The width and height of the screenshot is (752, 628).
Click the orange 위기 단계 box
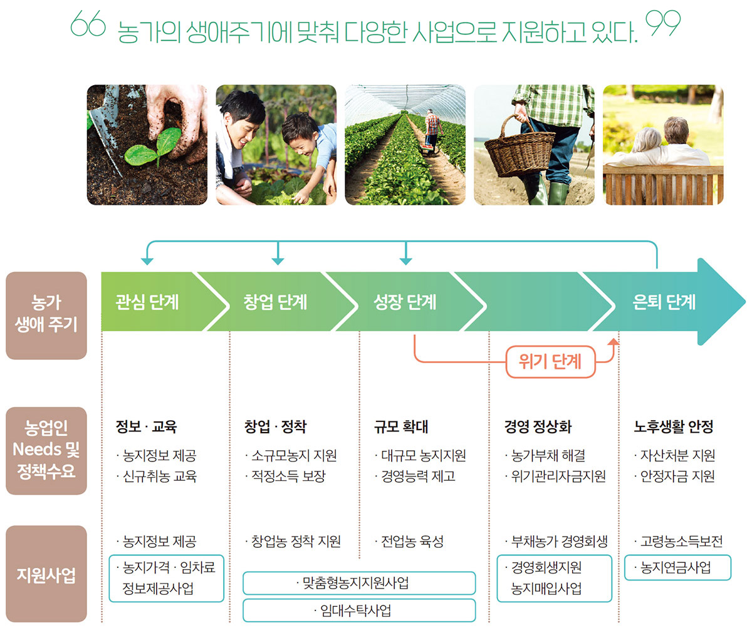(x=550, y=362)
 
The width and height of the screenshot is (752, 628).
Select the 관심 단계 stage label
(x=147, y=302)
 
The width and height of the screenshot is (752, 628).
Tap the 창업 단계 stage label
(x=275, y=302)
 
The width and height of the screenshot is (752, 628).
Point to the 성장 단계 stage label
(x=405, y=302)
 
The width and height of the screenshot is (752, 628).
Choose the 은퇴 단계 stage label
(x=664, y=302)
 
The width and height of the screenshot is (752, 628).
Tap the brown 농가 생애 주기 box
(x=46, y=316)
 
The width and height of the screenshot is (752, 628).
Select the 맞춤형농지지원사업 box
(x=359, y=583)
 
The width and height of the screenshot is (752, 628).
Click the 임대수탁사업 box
(x=359, y=610)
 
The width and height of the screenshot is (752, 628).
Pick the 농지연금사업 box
(x=677, y=567)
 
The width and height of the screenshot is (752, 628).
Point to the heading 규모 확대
(x=401, y=426)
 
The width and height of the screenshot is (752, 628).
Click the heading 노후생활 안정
(x=674, y=426)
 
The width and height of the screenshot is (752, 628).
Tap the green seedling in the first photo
(x=153, y=147)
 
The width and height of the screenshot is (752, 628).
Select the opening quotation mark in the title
(x=88, y=23)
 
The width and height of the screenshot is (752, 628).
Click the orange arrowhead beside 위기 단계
(x=614, y=342)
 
